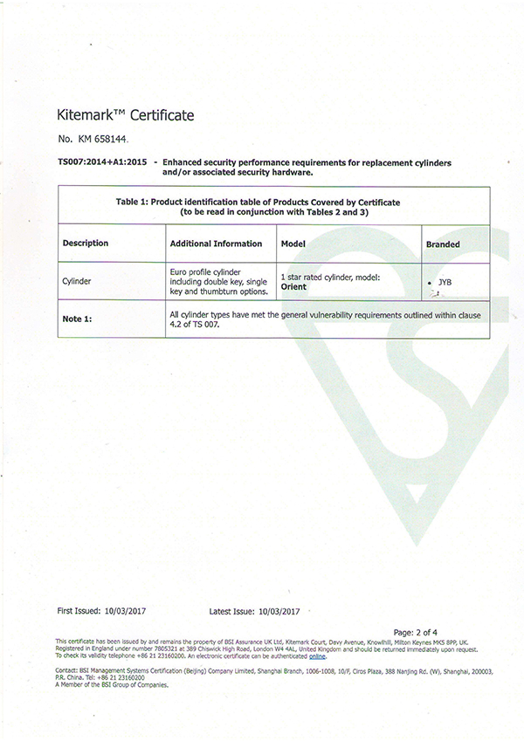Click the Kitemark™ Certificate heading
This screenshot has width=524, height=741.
click(125, 114)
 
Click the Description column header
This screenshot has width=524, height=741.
click(86, 244)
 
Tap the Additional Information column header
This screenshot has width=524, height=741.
click(216, 244)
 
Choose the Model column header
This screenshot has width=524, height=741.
click(293, 244)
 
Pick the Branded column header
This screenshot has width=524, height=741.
click(444, 244)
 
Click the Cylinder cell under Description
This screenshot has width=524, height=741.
click(78, 283)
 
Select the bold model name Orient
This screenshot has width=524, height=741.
click(292, 285)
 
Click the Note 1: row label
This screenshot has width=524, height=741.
click(78, 319)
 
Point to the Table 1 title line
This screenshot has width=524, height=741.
click(258, 202)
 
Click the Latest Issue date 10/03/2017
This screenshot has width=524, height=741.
click(283, 612)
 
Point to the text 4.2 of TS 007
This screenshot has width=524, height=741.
click(195, 325)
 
